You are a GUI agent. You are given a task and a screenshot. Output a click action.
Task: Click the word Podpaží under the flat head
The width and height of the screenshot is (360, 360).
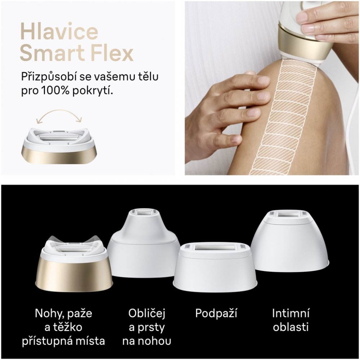[x=216, y=314]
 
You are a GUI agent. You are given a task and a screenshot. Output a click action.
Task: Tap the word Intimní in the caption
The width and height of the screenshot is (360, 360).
[x=291, y=313]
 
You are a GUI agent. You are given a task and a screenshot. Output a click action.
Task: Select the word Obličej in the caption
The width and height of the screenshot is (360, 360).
[x=147, y=314]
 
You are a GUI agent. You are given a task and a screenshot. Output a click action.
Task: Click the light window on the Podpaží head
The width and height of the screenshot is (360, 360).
[x=215, y=248]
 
